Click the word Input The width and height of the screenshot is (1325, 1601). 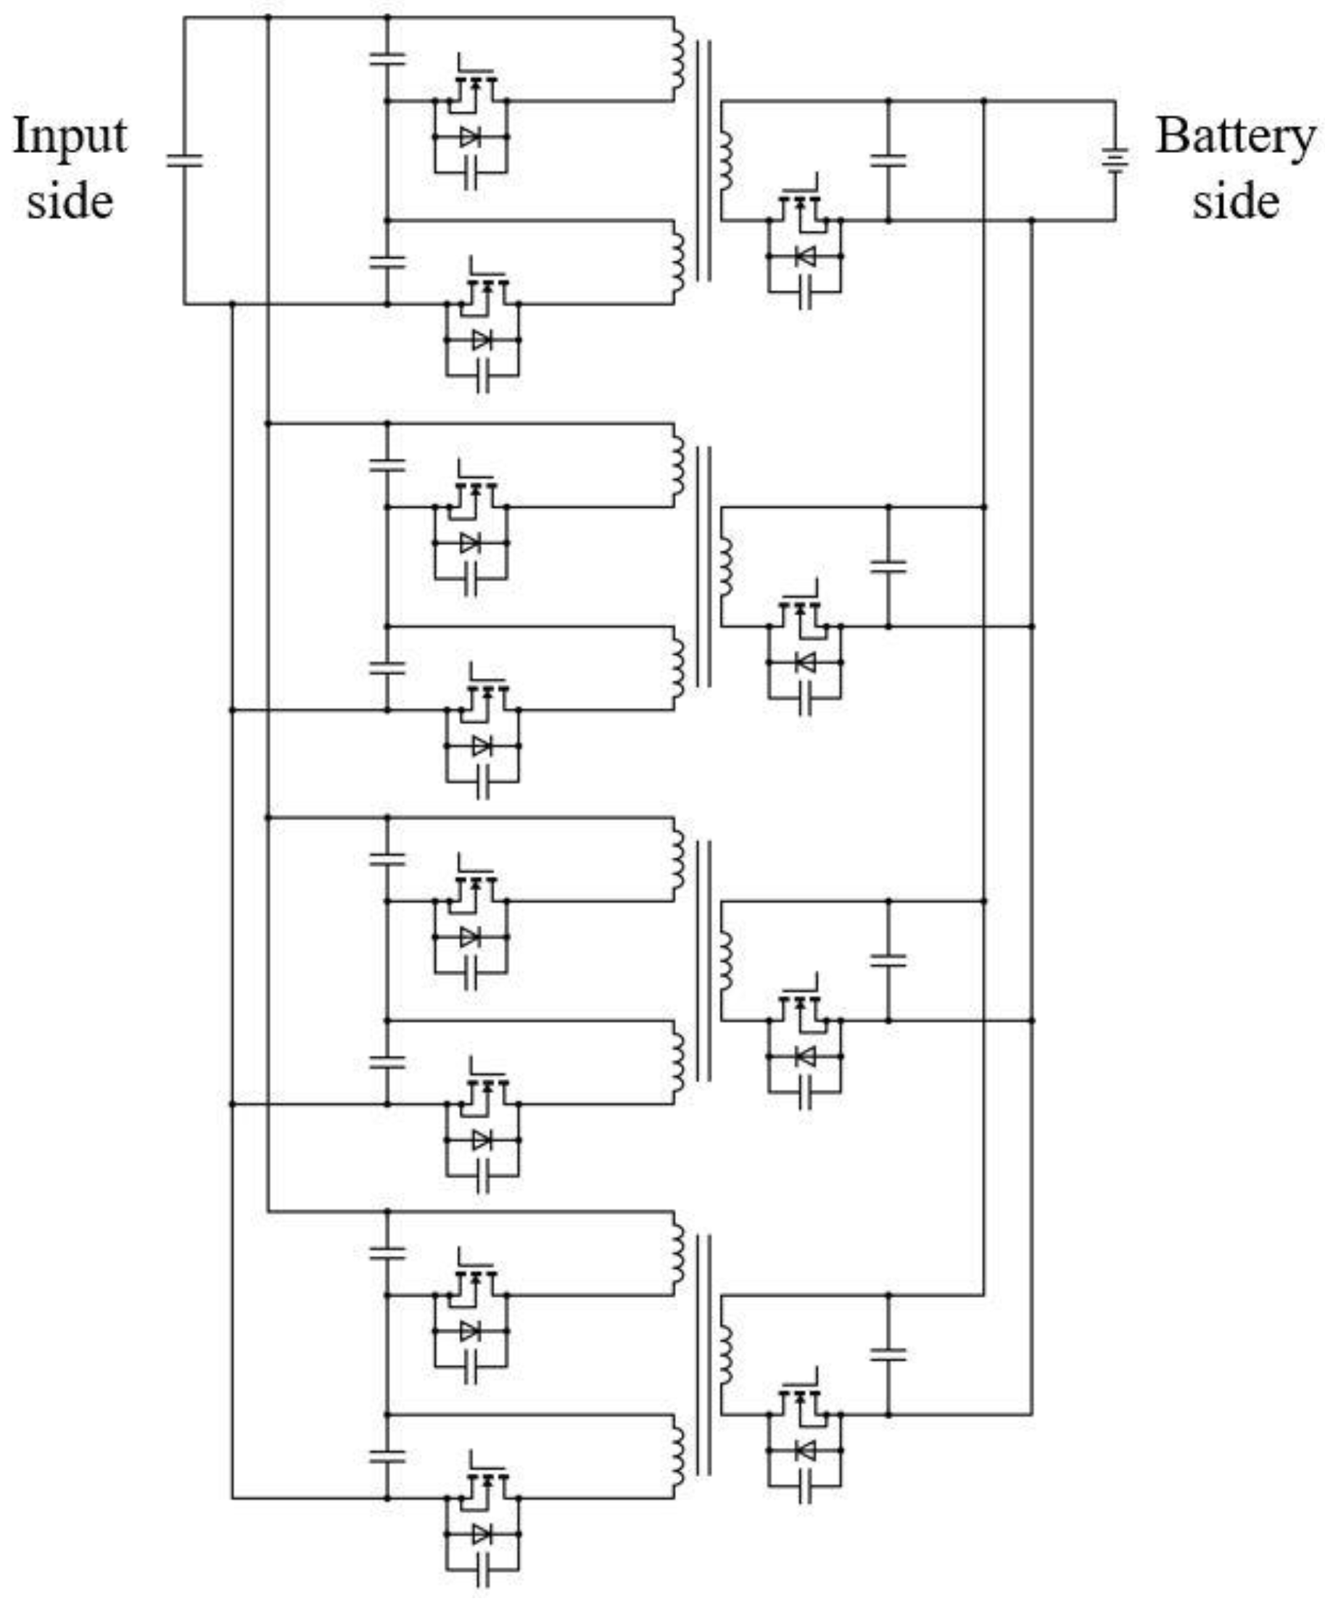(70, 137)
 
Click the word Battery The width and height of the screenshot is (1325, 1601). (1235, 137)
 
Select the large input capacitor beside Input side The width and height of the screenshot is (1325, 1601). (184, 160)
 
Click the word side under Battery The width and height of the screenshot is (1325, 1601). (1235, 202)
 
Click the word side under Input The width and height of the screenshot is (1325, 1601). (70, 202)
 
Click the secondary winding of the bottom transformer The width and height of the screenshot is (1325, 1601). (725, 1355)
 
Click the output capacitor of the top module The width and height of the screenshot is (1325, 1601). (888, 160)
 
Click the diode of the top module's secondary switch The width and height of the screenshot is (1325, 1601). (804, 257)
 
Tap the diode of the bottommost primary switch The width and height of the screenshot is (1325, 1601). (482, 1533)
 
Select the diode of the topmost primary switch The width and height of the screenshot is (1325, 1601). (471, 137)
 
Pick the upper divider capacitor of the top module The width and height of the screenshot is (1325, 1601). (387, 58)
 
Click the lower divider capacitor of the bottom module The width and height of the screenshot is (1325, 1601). (387, 1456)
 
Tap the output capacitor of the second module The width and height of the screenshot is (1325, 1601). (888, 566)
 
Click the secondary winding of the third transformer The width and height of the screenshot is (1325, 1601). (725, 961)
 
